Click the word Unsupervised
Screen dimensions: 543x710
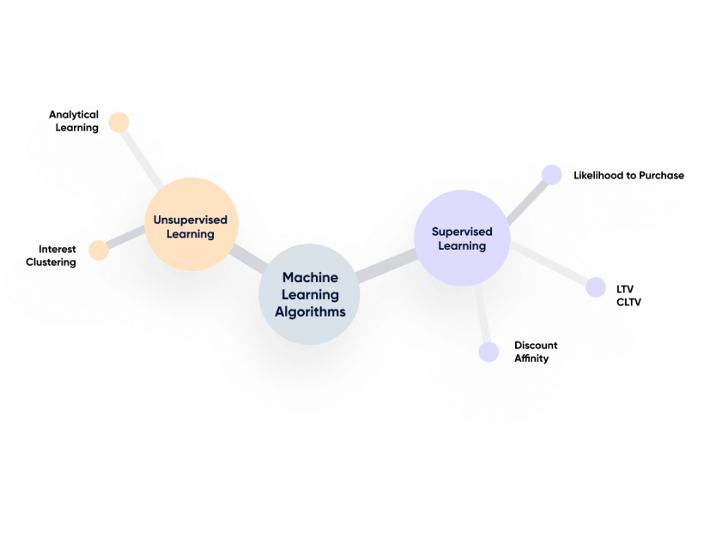point(191,220)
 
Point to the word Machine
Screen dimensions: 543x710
point(310,278)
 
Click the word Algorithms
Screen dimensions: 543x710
point(310,311)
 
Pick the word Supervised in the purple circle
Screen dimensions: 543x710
point(462,231)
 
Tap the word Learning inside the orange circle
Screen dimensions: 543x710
point(191,233)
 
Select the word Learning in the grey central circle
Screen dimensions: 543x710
point(310,295)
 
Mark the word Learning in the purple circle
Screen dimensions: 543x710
point(462,245)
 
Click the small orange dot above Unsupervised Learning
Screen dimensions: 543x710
point(118,121)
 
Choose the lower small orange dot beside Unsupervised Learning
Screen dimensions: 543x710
point(99,250)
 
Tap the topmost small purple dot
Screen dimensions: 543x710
point(552,174)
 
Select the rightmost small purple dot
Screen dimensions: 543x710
point(596,287)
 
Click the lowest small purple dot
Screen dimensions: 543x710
point(489,353)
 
